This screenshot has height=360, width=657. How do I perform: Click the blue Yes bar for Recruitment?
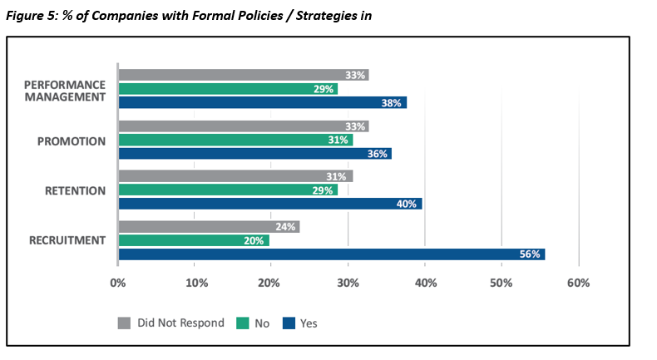click(x=332, y=254)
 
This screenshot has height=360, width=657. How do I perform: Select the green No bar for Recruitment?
click(x=194, y=240)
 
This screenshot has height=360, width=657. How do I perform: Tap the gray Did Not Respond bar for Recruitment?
click(x=209, y=227)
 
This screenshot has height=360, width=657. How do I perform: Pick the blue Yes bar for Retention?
click(x=270, y=204)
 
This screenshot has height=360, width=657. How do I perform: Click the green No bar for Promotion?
click(x=236, y=140)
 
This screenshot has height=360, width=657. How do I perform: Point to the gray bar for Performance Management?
click(x=244, y=75)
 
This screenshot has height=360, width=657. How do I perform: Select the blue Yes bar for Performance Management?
click(x=263, y=102)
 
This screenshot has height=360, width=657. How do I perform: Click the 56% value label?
click(x=530, y=254)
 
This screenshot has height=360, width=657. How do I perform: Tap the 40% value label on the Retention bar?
click(x=407, y=204)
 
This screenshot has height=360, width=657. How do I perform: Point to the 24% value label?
click(x=285, y=227)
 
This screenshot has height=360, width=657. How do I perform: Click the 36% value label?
click(x=377, y=154)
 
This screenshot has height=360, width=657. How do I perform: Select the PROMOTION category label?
click(x=72, y=141)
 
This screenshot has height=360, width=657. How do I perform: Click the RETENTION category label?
click(x=75, y=191)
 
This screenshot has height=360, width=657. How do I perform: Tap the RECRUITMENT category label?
click(x=67, y=240)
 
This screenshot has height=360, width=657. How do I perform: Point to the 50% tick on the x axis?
click(x=501, y=284)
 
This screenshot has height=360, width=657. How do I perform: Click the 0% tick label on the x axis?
click(x=118, y=284)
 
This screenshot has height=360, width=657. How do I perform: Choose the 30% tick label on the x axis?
click(x=348, y=284)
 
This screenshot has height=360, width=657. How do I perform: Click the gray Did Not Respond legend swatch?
click(x=124, y=323)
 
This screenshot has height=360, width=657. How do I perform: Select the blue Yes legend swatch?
click(x=289, y=323)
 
